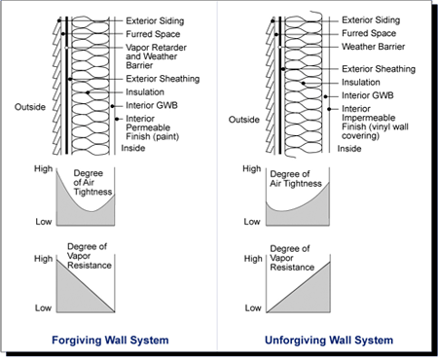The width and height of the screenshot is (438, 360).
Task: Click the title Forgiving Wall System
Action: (109, 341)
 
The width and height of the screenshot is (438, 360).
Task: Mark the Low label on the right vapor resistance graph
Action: (255, 308)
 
